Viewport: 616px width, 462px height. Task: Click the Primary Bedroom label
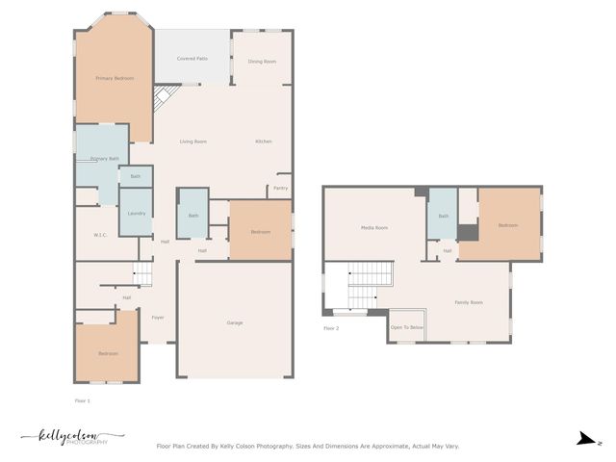tap(115, 78)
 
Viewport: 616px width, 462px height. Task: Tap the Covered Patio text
tap(192, 59)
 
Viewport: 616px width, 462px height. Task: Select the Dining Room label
tap(262, 62)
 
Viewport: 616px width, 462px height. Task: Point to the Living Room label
tap(193, 141)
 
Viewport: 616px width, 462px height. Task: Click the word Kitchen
tap(264, 141)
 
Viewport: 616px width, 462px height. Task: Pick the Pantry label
tap(281, 188)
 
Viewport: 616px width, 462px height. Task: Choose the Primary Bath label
tap(104, 159)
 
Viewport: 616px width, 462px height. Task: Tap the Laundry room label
tap(136, 213)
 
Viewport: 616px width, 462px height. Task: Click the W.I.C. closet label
tap(100, 235)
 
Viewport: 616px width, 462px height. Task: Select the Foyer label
tap(157, 317)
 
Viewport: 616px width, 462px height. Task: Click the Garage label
tap(235, 322)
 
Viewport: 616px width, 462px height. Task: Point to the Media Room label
tap(374, 228)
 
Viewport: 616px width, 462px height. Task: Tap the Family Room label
tap(469, 303)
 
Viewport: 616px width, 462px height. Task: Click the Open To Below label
tap(406, 327)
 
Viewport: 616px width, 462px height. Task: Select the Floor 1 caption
tap(83, 399)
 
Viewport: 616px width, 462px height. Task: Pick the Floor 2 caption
tap(331, 328)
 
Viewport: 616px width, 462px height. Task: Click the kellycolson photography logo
tap(72, 437)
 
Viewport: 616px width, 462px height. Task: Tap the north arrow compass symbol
tap(584, 440)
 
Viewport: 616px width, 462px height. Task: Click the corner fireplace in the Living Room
tap(165, 97)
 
